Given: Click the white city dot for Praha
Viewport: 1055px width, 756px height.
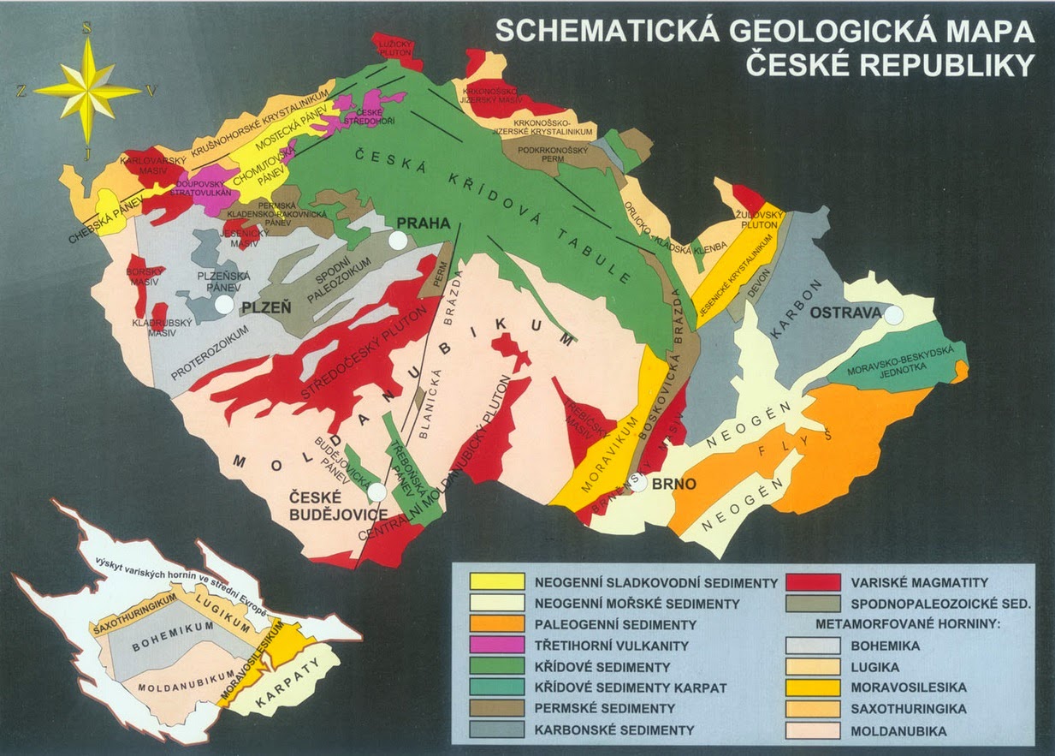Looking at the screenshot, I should click(x=396, y=241).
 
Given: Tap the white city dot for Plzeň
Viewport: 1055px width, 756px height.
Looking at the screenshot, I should click(x=223, y=304).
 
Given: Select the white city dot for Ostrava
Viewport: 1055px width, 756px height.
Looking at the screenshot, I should click(x=893, y=315).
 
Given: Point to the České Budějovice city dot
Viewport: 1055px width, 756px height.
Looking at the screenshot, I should click(x=376, y=491).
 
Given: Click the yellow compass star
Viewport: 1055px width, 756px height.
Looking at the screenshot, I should click(x=88, y=90).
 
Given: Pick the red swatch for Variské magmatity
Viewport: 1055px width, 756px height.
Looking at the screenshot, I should click(x=813, y=581).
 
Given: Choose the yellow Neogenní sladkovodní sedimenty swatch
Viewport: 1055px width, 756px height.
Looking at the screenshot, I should click(x=497, y=581).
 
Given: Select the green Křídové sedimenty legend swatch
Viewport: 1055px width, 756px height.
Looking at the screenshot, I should click(x=497, y=666).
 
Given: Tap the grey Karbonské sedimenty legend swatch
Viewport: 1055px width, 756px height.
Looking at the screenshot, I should click(x=497, y=729).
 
